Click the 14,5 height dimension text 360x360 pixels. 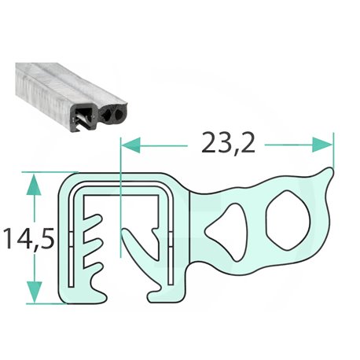pyautogui.click(x=29, y=238)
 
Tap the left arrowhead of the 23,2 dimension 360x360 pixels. pyautogui.click(x=131, y=145)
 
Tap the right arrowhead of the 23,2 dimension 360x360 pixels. pyautogui.click(x=322, y=145)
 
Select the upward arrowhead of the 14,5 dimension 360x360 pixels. pyautogui.click(x=35, y=185)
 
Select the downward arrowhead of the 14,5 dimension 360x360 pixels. pyautogui.click(x=35, y=292)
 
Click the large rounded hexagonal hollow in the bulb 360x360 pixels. pyautogui.click(x=288, y=221)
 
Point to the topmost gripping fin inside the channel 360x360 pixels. pyautogui.click(x=93, y=221)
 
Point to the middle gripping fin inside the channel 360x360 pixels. pyautogui.click(x=93, y=244)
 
